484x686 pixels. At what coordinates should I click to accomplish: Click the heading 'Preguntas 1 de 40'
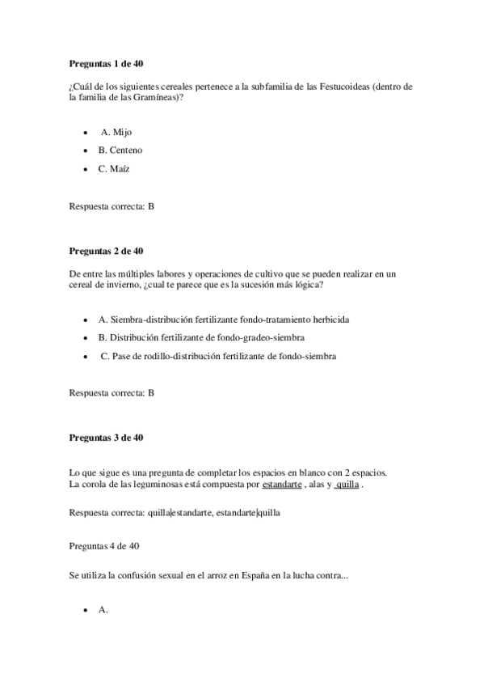[x=107, y=63]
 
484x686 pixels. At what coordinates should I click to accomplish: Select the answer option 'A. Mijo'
[x=116, y=132]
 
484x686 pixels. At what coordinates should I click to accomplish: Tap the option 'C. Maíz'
[x=114, y=169]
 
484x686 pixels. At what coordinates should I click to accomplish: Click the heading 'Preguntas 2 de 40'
[x=107, y=251]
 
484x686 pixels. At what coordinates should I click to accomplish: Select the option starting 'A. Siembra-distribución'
[x=213, y=320]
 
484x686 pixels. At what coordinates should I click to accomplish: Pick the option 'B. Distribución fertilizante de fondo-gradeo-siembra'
[x=201, y=337]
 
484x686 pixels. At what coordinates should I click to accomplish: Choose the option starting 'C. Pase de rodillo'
[x=218, y=356]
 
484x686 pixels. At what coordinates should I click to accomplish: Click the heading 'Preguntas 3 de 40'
[x=107, y=438]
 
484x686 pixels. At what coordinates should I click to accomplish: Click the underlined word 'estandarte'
[x=282, y=485]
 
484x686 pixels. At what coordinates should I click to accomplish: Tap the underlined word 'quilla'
[x=347, y=485]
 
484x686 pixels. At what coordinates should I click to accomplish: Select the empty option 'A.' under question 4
[x=103, y=611]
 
